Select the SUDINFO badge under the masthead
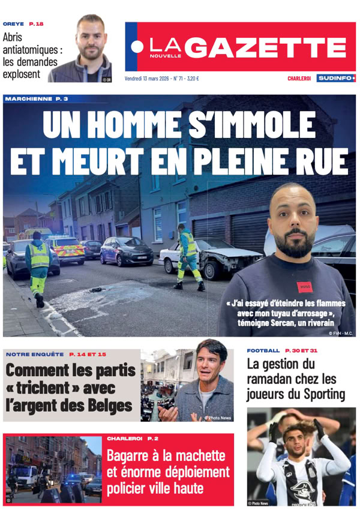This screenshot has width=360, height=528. (x=335, y=78)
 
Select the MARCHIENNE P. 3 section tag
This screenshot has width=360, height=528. (x=36, y=98)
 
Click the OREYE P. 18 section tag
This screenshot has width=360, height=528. (x=23, y=24)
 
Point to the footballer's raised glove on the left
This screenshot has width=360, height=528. (x=274, y=427)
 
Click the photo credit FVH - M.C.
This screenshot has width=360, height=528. (x=341, y=332)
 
